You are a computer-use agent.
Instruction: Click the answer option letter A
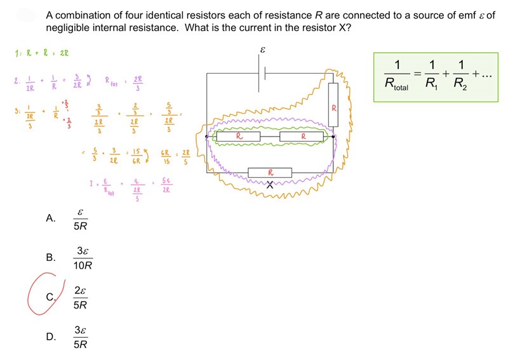[51, 218]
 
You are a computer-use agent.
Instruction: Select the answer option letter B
[51, 258]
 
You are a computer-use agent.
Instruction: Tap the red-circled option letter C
[51, 297]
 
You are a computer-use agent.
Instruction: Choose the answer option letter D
[51, 337]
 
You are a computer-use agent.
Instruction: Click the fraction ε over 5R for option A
[80, 218]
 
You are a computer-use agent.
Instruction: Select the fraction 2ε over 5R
[80, 297]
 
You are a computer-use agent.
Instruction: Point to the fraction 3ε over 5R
[80, 337]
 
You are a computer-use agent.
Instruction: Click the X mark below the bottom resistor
[270, 185]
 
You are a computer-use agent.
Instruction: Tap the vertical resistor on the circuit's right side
[333, 107]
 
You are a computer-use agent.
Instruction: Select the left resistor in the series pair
[239, 136]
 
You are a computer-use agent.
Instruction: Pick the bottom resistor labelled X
[270, 172]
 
